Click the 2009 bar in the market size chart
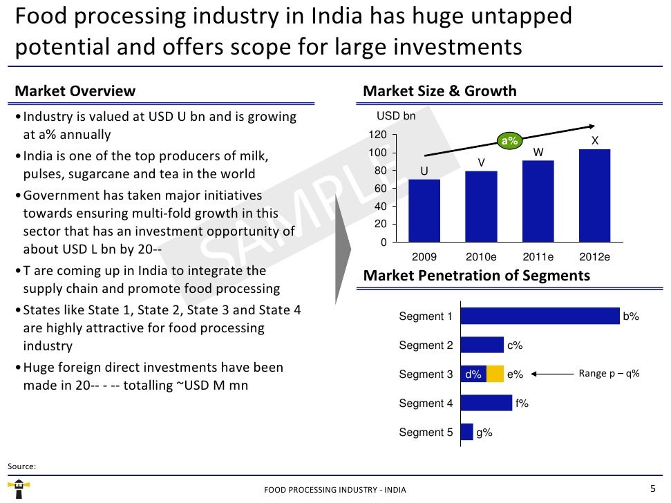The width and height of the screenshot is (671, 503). coord(424,211)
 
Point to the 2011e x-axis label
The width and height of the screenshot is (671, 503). coord(538,257)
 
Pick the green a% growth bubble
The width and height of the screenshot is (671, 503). coord(509,141)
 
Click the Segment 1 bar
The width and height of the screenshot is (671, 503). coord(540,316)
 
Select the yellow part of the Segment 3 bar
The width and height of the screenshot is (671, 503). coord(495,374)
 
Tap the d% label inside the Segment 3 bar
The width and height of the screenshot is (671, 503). coord(473,374)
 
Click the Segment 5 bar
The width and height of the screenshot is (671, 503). coord(466,432)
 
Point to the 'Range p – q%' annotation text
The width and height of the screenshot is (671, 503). coord(609,374)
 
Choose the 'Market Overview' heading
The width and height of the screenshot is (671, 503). coord(75,91)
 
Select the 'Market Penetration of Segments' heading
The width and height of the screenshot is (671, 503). coord(476,276)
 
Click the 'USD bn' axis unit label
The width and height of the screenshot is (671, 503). coord(396,116)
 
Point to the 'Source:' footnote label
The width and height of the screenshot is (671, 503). coord(21,466)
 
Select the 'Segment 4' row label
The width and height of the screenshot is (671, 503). coord(426,404)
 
